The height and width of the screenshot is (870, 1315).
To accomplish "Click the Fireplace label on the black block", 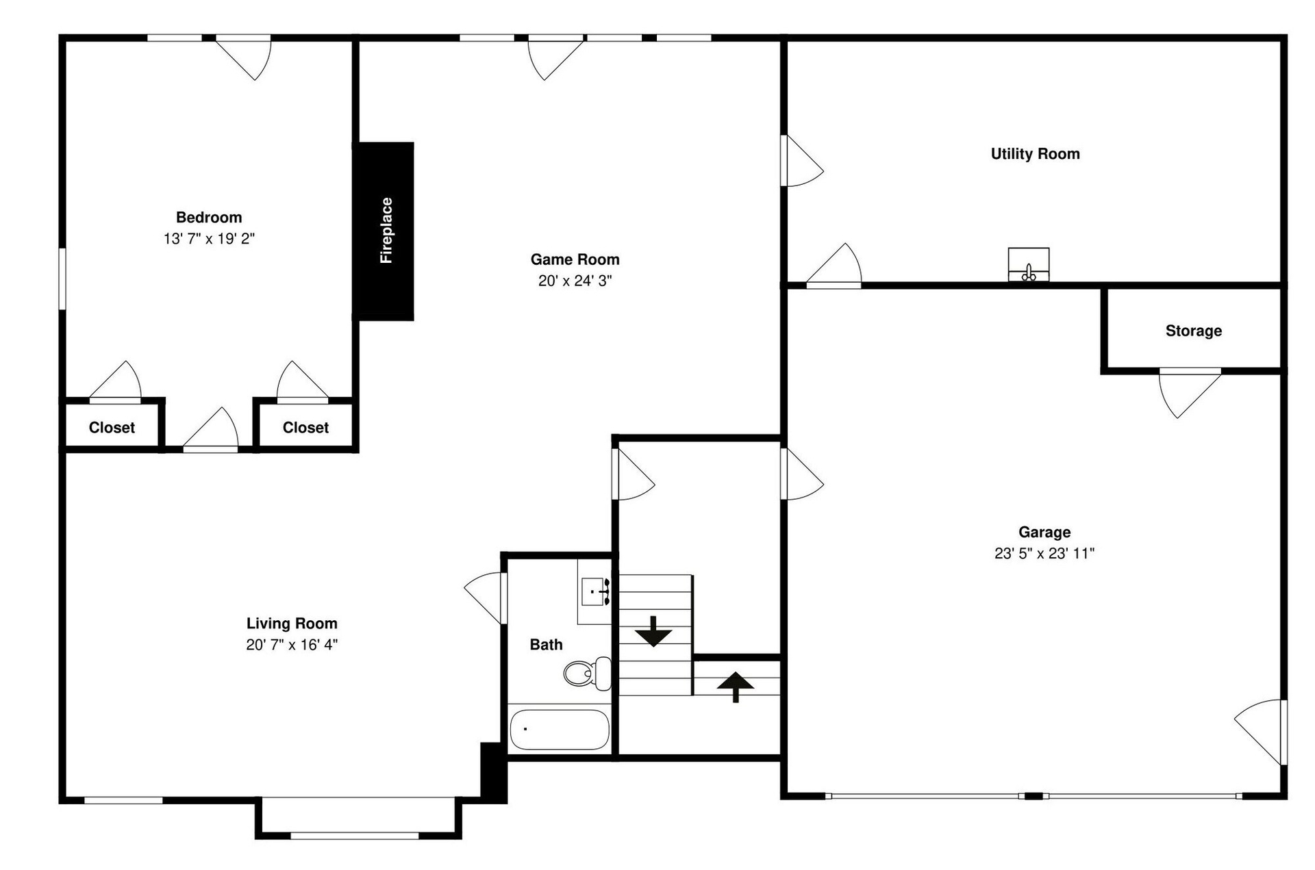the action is click(x=386, y=231).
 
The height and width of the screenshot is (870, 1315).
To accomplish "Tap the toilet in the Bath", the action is click(x=588, y=673).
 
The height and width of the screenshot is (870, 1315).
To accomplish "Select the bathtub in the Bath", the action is click(x=560, y=729).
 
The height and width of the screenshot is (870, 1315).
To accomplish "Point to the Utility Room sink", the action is click(x=1028, y=264).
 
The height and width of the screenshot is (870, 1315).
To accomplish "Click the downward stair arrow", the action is click(x=653, y=631).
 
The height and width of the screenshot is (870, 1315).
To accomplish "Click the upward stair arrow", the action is click(x=736, y=687).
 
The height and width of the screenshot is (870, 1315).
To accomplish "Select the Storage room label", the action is click(x=1194, y=331).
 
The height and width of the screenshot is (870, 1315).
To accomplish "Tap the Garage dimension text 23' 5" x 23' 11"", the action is click(x=1044, y=553).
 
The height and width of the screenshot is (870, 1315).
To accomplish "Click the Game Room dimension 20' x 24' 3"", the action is click(x=575, y=281).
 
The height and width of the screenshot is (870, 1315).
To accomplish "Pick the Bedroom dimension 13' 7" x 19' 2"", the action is click(x=209, y=238).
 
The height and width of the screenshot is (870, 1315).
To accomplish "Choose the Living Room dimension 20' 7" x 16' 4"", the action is click(x=292, y=644).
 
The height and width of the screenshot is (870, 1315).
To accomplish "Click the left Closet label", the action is click(x=112, y=428).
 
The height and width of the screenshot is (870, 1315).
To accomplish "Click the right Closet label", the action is click(x=305, y=428).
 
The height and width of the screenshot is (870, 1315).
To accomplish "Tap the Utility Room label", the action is click(x=1035, y=154).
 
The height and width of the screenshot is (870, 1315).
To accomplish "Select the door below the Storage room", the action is click(x=1190, y=393).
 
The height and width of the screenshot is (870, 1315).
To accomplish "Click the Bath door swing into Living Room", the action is click(x=486, y=598).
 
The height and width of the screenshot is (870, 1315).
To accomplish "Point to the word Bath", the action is click(x=546, y=644).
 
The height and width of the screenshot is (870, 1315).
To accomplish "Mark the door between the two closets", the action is click(x=210, y=430).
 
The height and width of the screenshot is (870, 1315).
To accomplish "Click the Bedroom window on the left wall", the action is click(x=62, y=279).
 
